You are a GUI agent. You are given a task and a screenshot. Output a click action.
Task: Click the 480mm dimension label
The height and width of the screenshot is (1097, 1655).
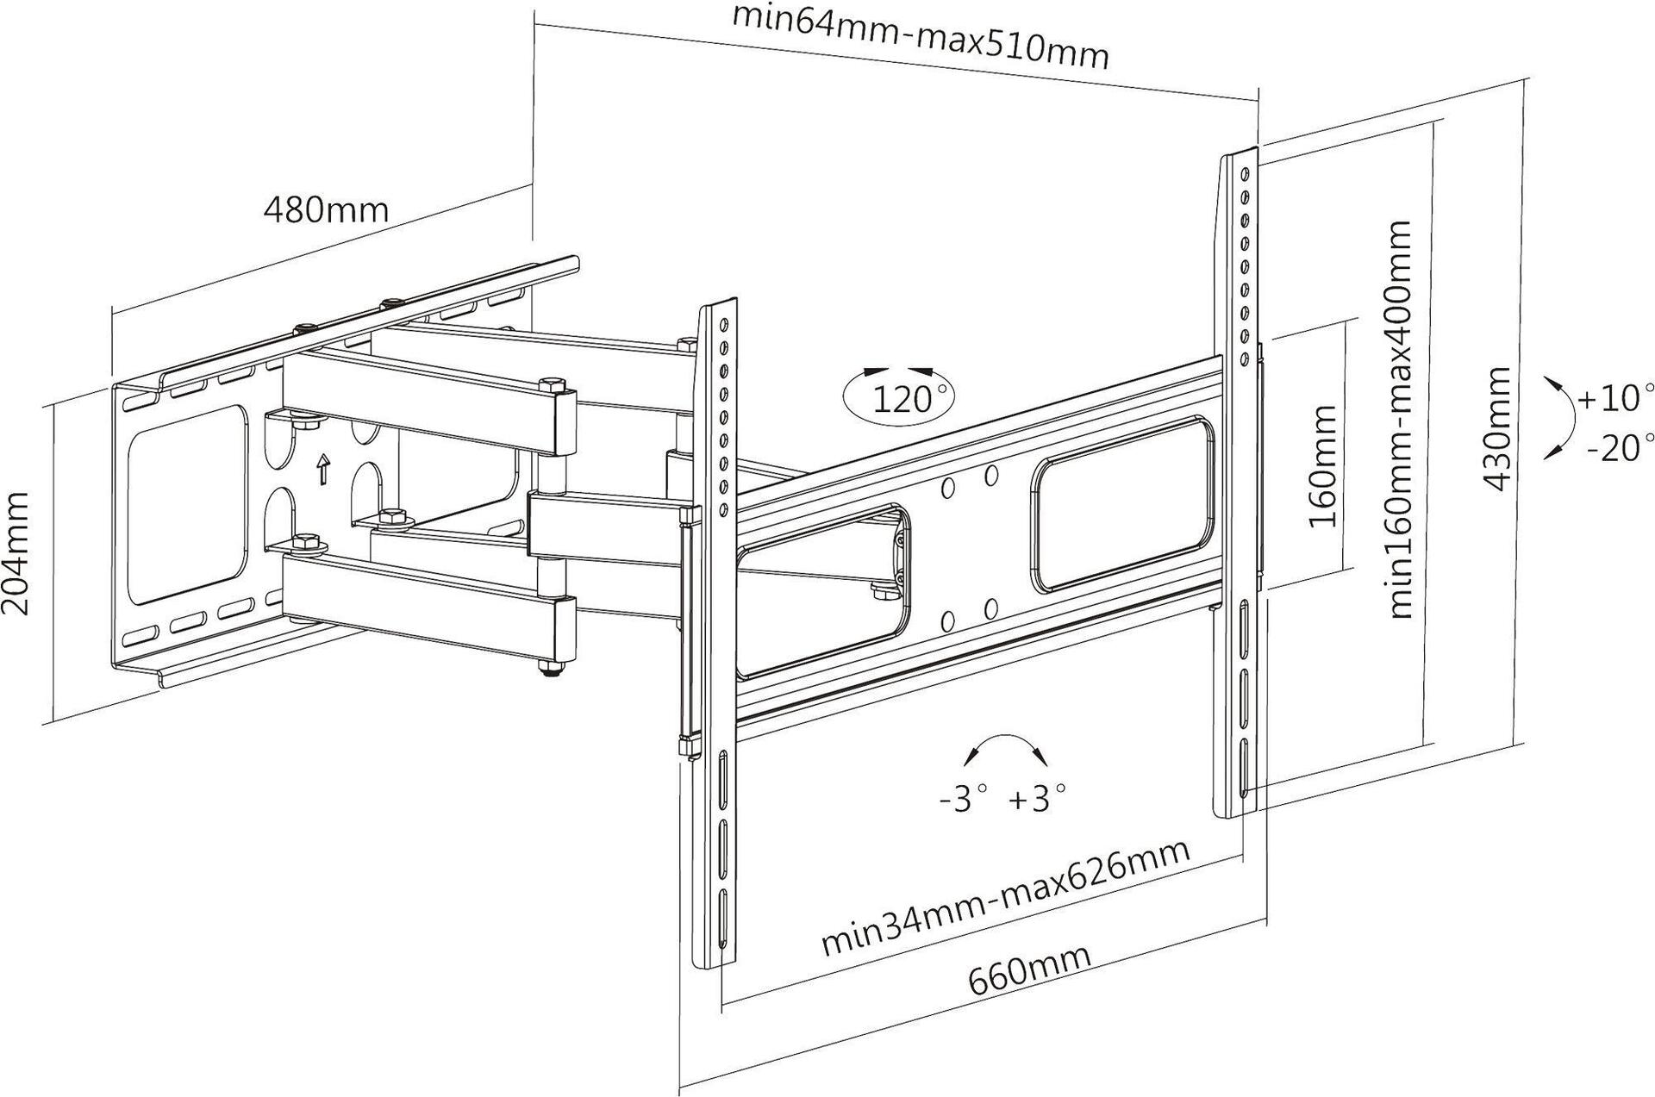point(326,209)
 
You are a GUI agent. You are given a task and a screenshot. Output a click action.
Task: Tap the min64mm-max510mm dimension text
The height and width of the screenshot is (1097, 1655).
point(920,37)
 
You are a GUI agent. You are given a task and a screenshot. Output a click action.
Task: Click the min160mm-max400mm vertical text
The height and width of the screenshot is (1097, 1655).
point(1401,419)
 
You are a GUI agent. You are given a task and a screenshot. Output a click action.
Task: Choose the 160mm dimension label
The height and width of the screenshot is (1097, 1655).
point(1321,466)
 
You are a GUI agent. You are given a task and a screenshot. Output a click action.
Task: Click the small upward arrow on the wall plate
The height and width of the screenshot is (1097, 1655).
point(323,469)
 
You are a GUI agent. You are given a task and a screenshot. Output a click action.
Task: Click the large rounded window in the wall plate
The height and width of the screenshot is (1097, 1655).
point(184,504)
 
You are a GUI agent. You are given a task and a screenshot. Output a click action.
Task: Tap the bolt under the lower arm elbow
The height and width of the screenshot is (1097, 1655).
point(550,669)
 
